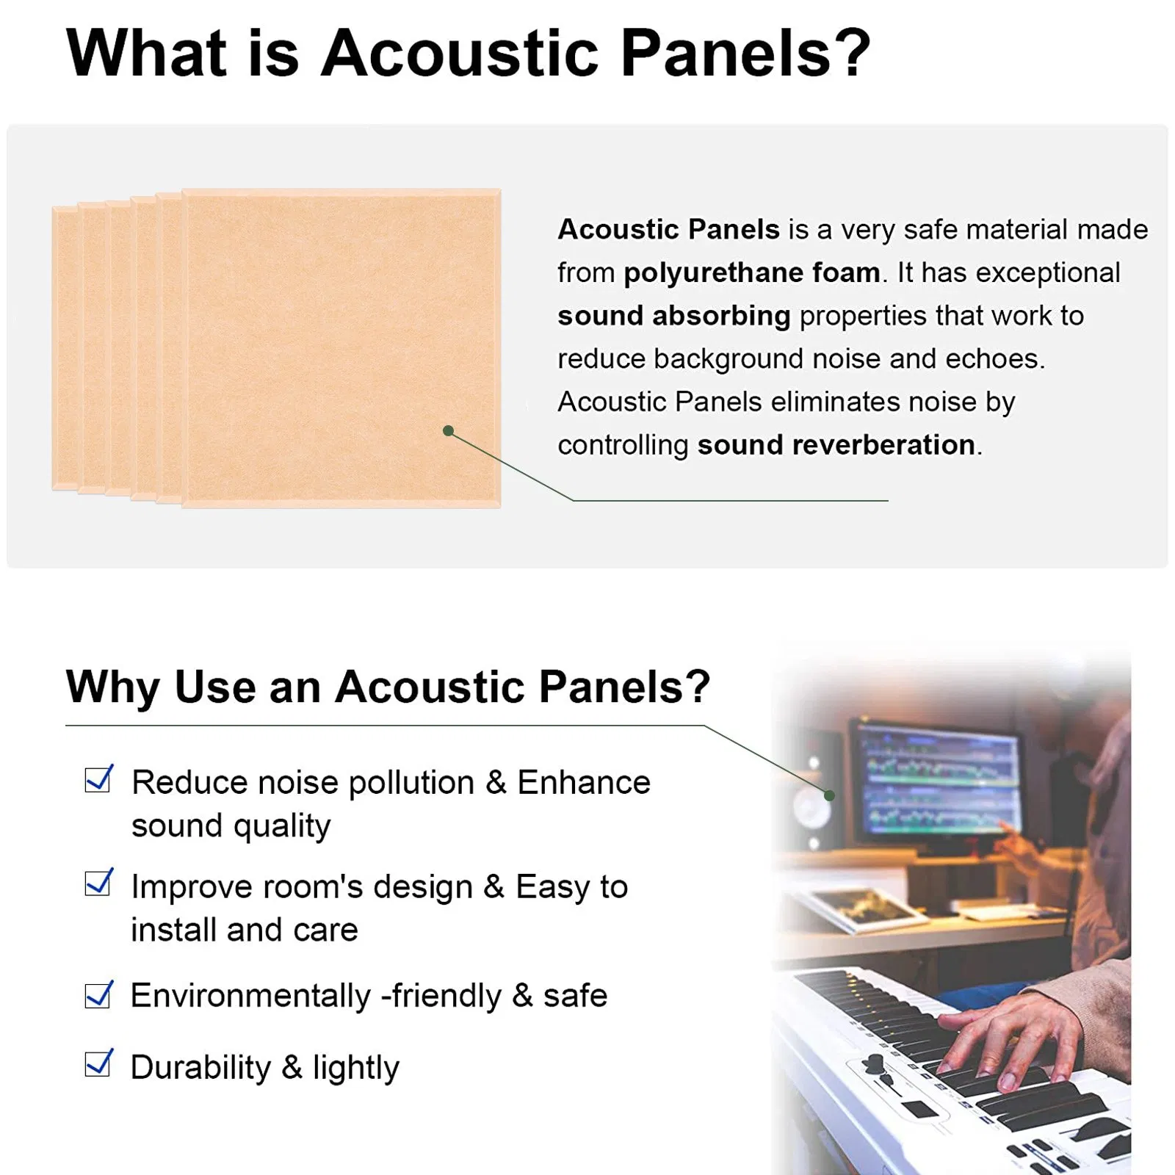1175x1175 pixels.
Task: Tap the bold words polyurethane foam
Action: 751,272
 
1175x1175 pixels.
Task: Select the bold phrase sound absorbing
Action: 673,316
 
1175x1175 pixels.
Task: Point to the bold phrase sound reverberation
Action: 836,445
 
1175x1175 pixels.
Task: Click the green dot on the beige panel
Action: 449,430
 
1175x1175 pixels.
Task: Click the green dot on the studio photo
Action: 829,795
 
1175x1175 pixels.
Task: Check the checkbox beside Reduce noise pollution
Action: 98,779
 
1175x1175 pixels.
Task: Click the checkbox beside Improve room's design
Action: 98,883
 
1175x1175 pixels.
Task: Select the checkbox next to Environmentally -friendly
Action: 98,995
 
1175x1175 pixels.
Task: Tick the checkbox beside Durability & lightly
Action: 98,1063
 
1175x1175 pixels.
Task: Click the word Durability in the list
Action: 200,1067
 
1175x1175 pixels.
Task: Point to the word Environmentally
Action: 250,997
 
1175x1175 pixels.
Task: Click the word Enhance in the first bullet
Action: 583,782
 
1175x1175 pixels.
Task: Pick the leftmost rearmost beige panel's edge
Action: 65,349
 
